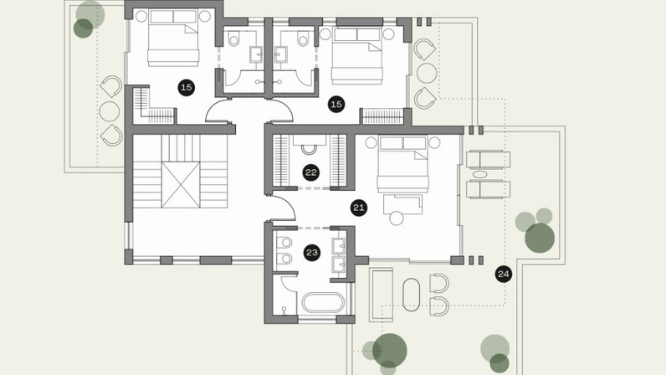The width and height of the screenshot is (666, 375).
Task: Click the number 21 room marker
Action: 359,208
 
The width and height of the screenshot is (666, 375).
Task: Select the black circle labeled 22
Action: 311,172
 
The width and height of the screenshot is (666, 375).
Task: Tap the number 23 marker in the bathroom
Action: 312,253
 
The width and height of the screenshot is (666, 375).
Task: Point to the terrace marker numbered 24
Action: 504,275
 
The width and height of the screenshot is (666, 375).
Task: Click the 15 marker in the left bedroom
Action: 186,88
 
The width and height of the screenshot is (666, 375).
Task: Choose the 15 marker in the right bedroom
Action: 336,104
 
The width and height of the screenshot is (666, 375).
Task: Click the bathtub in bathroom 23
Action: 323,303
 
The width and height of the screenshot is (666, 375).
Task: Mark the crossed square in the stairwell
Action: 181,185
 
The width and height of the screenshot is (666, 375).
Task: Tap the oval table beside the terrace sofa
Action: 411,295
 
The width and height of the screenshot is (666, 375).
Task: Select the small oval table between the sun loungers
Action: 480,174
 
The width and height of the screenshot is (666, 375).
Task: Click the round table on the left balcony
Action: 110,111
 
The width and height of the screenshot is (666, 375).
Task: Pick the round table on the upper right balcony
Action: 427,73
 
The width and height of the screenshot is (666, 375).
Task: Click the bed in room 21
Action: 402,164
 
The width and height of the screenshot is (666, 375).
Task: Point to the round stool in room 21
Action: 397,218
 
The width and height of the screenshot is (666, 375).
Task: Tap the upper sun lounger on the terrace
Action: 489,160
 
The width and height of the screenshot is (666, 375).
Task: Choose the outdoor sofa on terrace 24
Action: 381,295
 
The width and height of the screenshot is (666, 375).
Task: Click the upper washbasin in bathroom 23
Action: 339,246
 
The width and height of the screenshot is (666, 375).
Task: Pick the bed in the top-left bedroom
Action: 173,39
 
